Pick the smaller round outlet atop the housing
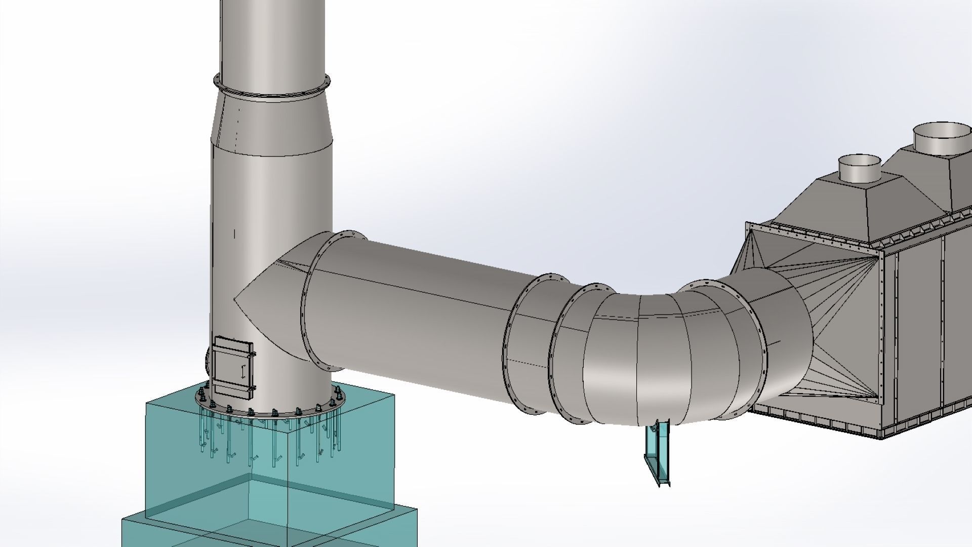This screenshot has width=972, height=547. tap(860, 169)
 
